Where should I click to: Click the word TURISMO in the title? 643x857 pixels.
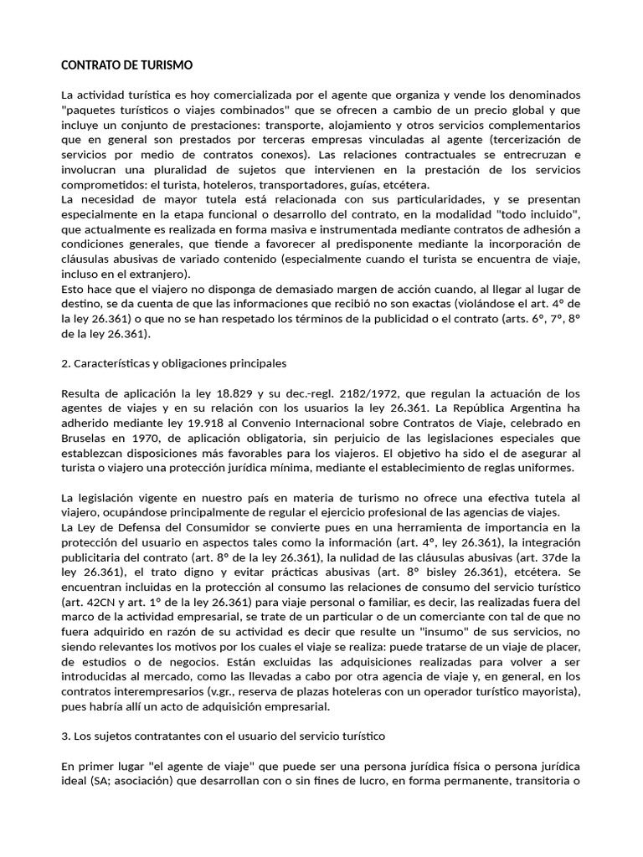pos(164,64)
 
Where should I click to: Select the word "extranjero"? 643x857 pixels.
pos(158,274)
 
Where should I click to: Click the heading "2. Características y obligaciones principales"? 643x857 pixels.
pos(174,363)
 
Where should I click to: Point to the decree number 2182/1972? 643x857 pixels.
pos(350,393)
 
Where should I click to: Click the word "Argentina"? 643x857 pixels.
pos(532,408)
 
